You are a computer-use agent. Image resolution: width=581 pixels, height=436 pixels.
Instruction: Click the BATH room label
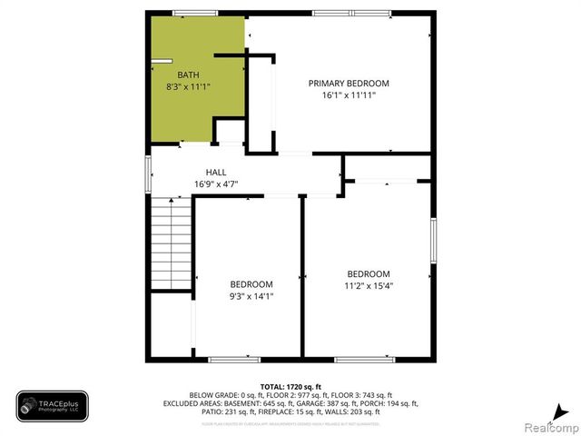pos(188,74)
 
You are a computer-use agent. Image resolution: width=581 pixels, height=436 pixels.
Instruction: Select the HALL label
pos(216,172)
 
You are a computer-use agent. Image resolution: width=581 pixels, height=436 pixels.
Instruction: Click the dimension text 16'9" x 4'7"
pos(216,183)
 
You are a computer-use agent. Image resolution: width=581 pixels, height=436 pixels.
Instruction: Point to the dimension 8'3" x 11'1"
pos(188,87)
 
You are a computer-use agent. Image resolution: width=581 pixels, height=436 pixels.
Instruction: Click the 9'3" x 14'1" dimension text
pos(251,295)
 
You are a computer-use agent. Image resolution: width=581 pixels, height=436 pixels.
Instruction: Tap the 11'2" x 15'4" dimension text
pos(369,286)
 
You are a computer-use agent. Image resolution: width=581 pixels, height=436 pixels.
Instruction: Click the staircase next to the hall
pos(172,244)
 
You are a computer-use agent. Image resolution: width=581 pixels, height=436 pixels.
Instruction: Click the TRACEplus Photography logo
pos(52,406)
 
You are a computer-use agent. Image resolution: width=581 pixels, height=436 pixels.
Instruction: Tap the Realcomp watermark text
pos(550,427)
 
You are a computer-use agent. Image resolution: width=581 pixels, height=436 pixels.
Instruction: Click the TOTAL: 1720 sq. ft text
pos(290,386)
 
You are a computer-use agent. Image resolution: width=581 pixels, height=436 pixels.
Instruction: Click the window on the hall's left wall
pos(148,173)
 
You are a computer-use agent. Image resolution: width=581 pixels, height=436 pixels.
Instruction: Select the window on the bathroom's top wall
pos(189,12)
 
